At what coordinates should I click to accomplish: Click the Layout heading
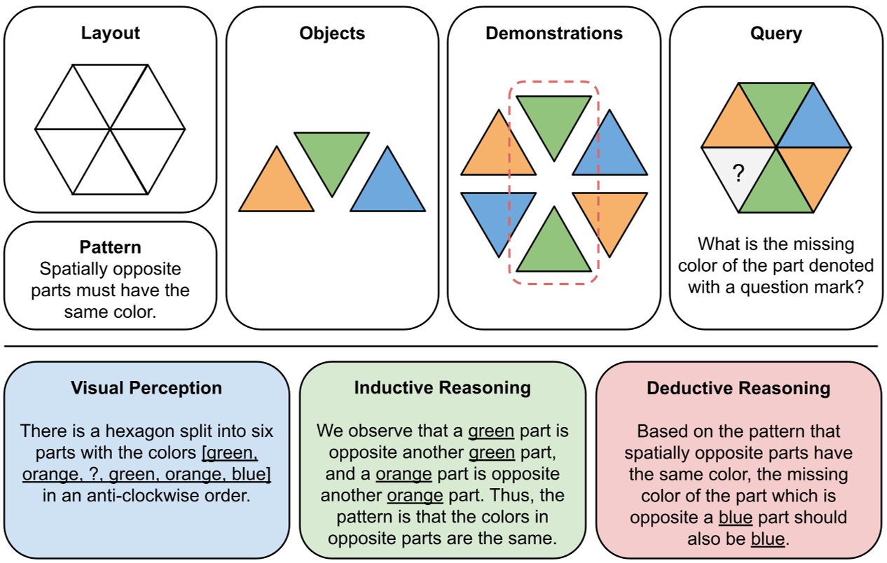(110, 33)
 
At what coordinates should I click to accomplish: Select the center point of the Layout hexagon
(110, 130)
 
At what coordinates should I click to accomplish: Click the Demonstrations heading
(553, 33)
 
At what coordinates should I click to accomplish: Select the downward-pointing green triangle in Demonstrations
(553, 120)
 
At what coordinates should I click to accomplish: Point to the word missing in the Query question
(820, 245)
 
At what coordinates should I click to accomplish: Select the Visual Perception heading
(146, 388)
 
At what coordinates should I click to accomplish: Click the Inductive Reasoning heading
(442, 388)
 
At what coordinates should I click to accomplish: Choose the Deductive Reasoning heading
(738, 388)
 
